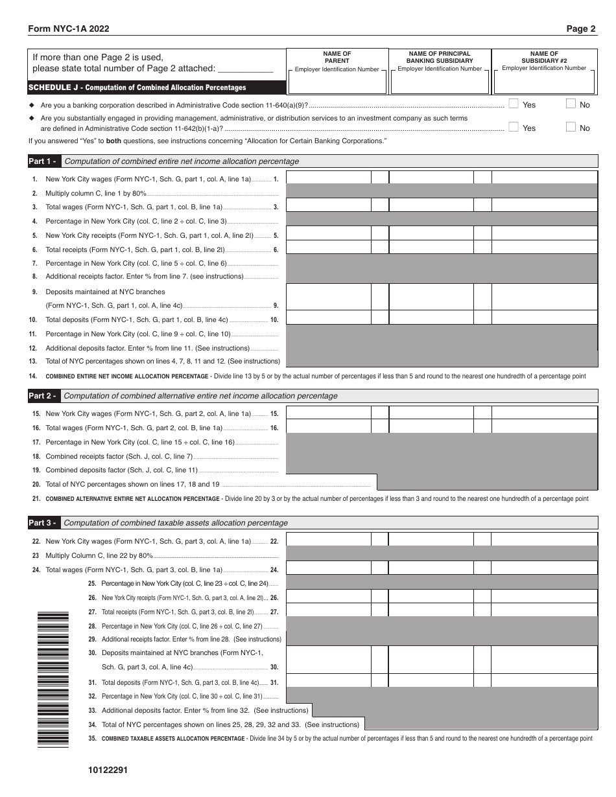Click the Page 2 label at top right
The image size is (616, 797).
(580, 29)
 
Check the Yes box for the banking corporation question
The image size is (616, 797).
(514, 103)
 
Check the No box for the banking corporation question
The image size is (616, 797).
(571, 103)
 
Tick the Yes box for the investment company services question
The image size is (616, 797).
(514, 127)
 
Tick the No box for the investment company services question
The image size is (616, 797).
(571, 127)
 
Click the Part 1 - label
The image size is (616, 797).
(43, 161)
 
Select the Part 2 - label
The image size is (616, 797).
(43, 396)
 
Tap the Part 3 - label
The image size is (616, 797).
(43, 523)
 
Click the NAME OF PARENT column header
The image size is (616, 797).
(337, 57)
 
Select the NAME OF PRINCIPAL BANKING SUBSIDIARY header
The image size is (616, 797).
(440, 57)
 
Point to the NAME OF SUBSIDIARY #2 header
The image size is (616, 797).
(543, 57)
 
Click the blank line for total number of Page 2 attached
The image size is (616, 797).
(245, 69)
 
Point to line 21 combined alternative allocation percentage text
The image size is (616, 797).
(132, 499)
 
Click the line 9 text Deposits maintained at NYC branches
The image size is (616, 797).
(105, 292)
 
